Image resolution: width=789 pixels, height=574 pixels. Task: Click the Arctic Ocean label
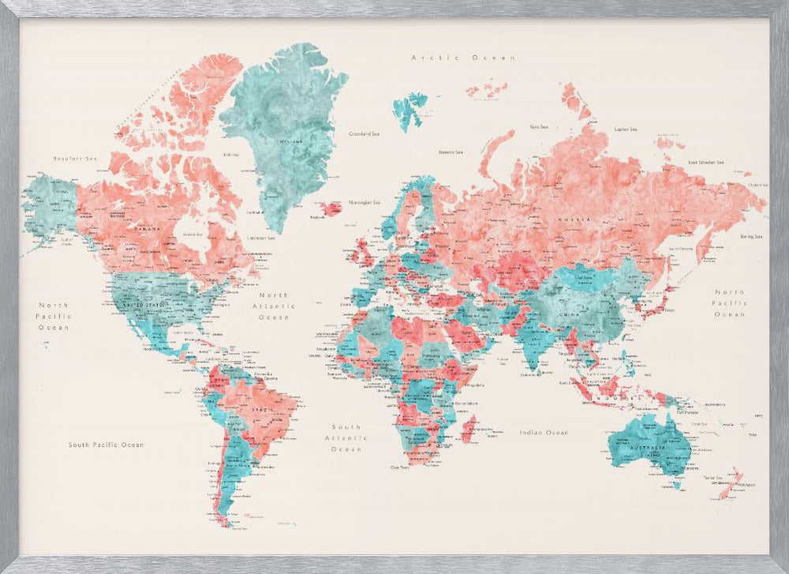(x=463, y=58)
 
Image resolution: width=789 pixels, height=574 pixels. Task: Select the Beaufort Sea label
(x=73, y=159)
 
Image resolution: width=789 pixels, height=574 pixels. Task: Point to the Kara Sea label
(x=539, y=126)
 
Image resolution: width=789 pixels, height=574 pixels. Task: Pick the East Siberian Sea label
(x=706, y=163)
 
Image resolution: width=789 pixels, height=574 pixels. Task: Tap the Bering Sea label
(x=751, y=237)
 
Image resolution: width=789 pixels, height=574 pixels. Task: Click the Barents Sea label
(x=451, y=152)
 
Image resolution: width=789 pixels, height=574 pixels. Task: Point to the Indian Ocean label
(x=544, y=433)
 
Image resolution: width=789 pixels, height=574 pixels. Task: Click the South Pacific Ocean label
(x=106, y=445)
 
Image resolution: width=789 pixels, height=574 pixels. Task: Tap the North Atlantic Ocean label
(x=274, y=306)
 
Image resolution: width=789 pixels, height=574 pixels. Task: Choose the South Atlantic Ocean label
(x=346, y=437)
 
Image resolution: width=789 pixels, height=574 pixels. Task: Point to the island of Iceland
(x=330, y=208)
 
